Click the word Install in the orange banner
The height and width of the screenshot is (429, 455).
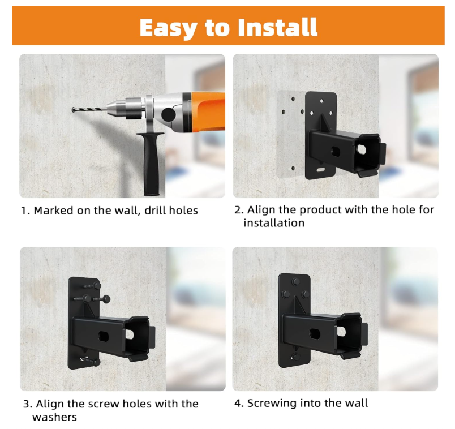[277, 27]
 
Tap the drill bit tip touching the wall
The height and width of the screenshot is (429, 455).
[72, 109]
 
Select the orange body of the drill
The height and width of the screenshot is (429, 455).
[208, 111]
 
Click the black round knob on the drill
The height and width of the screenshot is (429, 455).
[168, 114]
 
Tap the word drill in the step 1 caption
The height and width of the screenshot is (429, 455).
[155, 210]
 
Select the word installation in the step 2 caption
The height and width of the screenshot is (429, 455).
[274, 223]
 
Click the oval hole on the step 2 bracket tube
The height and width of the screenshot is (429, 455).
[336, 152]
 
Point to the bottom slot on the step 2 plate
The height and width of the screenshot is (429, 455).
[321, 169]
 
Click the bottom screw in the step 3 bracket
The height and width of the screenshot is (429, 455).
[90, 361]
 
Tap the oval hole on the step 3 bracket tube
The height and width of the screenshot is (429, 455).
[104, 336]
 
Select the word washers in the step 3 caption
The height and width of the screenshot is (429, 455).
[54, 417]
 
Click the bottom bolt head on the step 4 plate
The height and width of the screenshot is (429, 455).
[295, 357]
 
